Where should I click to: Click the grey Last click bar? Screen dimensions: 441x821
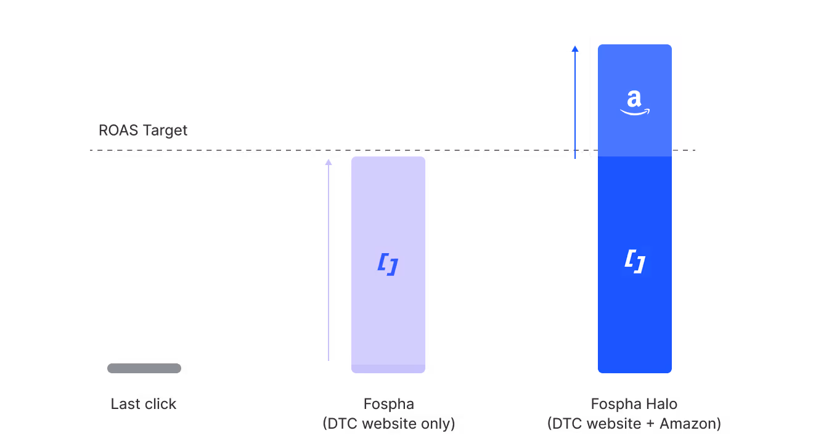(x=144, y=368)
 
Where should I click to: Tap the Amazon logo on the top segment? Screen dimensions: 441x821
(x=635, y=102)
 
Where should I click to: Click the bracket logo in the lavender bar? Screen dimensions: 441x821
(x=388, y=264)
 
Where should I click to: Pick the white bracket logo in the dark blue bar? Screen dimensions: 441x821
(x=635, y=261)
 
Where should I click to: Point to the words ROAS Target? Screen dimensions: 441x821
(x=143, y=131)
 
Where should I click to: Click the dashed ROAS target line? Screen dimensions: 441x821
(x=247, y=151)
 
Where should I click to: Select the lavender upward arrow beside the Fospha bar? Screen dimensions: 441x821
(x=329, y=259)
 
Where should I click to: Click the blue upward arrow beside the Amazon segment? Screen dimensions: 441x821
(x=575, y=105)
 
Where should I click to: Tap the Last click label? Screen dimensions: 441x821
(x=144, y=404)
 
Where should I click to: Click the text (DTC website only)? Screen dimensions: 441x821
(x=388, y=424)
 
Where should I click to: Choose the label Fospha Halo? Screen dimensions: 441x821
(x=634, y=404)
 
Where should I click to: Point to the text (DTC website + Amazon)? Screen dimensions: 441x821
(x=634, y=424)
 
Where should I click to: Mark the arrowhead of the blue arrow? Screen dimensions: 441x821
(x=575, y=48)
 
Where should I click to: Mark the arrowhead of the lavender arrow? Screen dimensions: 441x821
(x=329, y=162)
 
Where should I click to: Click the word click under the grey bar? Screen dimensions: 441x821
(x=160, y=404)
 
